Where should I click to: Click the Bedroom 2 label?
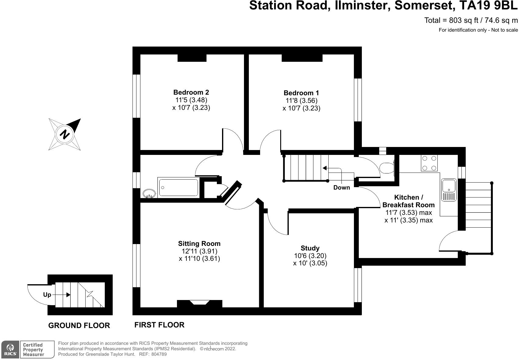(x=191, y=92)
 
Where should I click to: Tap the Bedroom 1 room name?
(x=301, y=93)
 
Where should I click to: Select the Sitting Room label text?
(x=199, y=243)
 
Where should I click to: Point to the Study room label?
(x=310, y=248)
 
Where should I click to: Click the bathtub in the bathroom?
(x=178, y=187)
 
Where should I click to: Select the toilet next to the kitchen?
(x=387, y=168)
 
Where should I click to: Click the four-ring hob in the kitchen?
(x=429, y=163)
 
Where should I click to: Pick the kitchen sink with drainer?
(x=449, y=190)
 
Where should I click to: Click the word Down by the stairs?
(x=341, y=187)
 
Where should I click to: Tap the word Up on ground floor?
(x=47, y=295)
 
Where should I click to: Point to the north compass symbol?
(x=65, y=134)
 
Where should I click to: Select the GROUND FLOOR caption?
(x=79, y=325)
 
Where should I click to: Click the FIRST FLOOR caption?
(x=159, y=325)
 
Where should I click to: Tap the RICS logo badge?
(x=10, y=349)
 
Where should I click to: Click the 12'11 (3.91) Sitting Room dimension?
(x=199, y=251)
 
